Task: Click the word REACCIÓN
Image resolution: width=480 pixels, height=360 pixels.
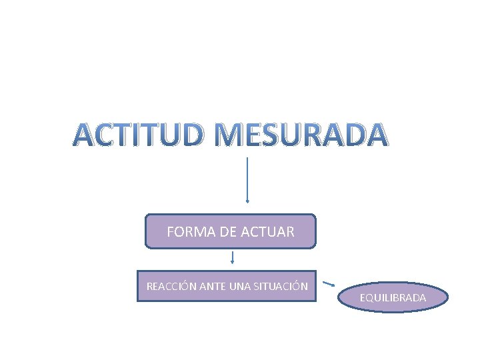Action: tap(169, 287)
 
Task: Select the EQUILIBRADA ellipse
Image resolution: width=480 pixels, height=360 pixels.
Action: tap(393, 297)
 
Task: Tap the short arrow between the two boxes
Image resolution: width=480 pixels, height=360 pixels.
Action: tap(232, 257)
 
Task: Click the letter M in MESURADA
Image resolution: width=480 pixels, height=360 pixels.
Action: tap(231, 135)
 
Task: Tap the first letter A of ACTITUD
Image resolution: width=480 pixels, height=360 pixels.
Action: tap(85, 135)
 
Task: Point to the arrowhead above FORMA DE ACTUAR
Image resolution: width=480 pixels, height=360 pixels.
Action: tap(248, 199)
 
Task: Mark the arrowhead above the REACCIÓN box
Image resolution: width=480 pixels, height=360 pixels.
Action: tap(232, 262)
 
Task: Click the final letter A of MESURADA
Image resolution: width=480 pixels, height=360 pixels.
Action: tap(374, 135)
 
